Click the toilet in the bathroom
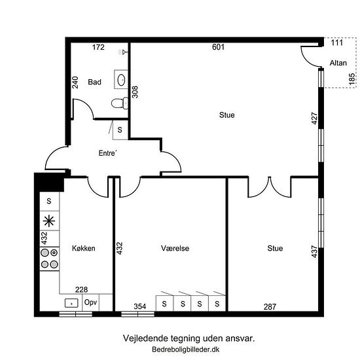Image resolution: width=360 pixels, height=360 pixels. pyautogui.click(x=120, y=103)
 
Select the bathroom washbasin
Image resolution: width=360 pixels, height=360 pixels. pyautogui.click(x=121, y=79)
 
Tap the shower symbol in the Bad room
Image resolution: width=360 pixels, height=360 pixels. pyautogui.click(x=123, y=52)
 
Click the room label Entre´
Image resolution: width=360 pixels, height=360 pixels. pyautogui.click(x=108, y=153)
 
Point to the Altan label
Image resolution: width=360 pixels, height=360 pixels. pyautogui.click(x=338, y=63)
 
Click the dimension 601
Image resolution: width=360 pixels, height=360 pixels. pyautogui.click(x=218, y=47)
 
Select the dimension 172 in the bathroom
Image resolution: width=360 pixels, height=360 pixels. pyautogui.click(x=98, y=47)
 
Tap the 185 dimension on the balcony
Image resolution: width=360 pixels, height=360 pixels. pyautogui.click(x=351, y=79)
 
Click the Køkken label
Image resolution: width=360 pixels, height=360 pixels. pyautogui.click(x=84, y=248)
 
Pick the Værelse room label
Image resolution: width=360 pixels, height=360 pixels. pyautogui.click(x=175, y=248)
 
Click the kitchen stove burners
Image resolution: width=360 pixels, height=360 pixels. pyautogui.click(x=49, y=259)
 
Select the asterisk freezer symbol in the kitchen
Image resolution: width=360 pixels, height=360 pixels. pyautogui.click(x=49, y=221)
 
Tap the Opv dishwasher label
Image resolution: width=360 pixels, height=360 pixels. pyautogui.click(x=90, y=302)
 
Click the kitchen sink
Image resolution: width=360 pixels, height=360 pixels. pyautogui.click(x=71, y=303)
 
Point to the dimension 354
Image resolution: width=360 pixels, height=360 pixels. pyautogui.click(x=140, y=306)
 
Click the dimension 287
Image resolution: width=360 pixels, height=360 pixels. pyautogui.click(x=270, y=307)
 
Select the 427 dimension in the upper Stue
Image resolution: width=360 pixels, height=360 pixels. pyautogui.click(x=315, y=118)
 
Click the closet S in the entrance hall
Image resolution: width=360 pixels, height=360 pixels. pyautogui.click(x=120, y=130)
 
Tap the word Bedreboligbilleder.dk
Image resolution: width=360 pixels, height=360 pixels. pyautogui.click(x=185, y=350)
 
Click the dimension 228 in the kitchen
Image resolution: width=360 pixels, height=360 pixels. pyautogui.click(x=82, y=289)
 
